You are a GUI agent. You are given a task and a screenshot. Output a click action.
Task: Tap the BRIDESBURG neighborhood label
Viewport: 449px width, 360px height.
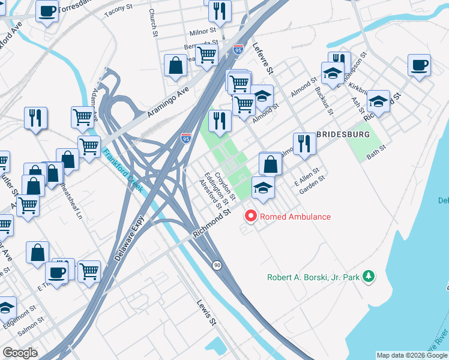pyautogui.click(x=343, y=134)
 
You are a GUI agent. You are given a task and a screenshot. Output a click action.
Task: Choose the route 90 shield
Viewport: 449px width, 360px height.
pyautogui.click(x=217, y=265)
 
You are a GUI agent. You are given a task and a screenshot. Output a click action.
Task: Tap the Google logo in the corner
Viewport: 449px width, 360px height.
pyautogui.click(x=20, y=353)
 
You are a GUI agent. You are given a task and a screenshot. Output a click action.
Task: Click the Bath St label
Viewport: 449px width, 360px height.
pyautogui.click(x=376, y=155)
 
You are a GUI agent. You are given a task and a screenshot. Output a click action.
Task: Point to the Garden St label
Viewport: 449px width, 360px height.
pyautogui.click(x=312, y=181)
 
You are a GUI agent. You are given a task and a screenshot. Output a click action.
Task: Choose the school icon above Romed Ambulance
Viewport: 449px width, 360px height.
pyautogui.click(x=263, y=187)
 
